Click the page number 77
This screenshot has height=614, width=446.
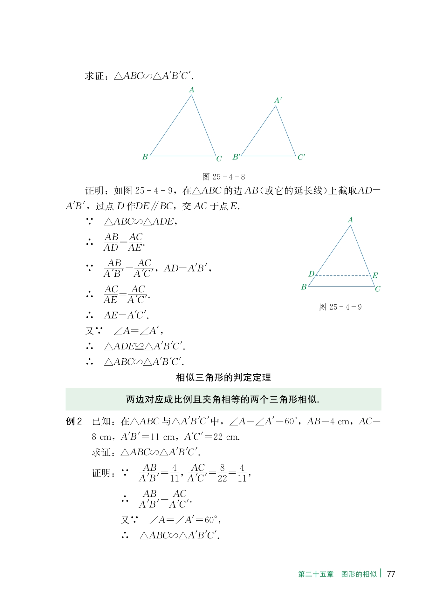(391, 574)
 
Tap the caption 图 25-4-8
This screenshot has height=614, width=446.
(223, 177)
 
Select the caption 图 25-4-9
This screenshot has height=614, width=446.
(340, 307)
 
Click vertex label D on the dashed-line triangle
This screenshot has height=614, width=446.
(311, 274)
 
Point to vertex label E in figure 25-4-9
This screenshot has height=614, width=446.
(375, 275)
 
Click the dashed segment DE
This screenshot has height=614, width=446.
(343, 276)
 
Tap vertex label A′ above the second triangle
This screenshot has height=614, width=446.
(278, 100)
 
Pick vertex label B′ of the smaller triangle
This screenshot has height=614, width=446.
(236, 157)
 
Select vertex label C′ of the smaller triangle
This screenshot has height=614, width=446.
(301, 157)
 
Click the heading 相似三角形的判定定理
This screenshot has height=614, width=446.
(223, 377)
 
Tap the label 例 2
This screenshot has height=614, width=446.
(74, 421)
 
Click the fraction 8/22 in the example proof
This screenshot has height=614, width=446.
(222, 473)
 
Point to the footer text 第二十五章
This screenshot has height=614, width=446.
(316, 574)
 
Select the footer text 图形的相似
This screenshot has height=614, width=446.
(359, 574)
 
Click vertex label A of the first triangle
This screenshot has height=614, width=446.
(191, 90)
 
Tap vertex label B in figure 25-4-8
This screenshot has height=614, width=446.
(145, 157)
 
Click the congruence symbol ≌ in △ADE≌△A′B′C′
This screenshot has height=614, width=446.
(139, 346)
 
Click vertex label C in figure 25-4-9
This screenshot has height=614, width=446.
(377, 289)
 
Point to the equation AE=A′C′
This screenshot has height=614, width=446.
(126, 315)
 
